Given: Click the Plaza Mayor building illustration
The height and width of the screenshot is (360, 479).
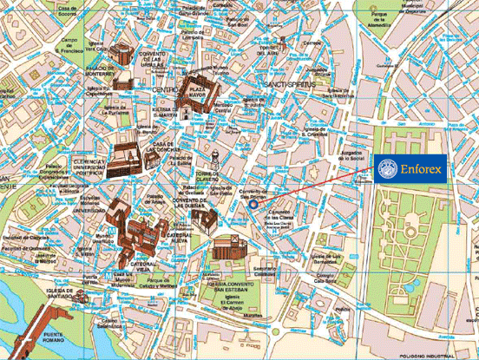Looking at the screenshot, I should [x=193, y=87].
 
